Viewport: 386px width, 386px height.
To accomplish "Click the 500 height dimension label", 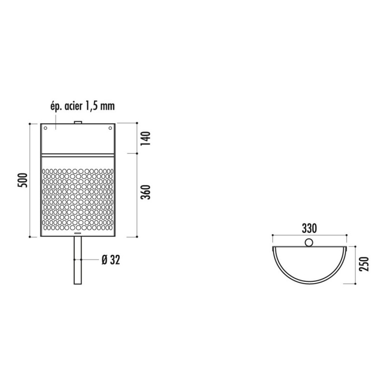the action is coord(23,180).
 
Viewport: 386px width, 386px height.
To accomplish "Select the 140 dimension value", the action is coord(146,138).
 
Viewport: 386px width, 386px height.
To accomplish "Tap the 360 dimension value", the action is coord(146,192).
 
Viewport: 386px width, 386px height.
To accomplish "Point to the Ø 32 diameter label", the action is coord(111,260).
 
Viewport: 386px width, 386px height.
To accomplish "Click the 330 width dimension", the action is coord(309,228).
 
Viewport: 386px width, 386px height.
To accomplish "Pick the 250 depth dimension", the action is coord(364,264).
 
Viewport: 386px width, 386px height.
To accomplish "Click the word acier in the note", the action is coord(73,106).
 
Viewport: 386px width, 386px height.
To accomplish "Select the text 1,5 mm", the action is coord(100,106).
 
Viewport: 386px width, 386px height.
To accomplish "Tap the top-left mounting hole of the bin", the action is coord(45,128).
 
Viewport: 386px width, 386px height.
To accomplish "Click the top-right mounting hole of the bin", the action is coord(110,128).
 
